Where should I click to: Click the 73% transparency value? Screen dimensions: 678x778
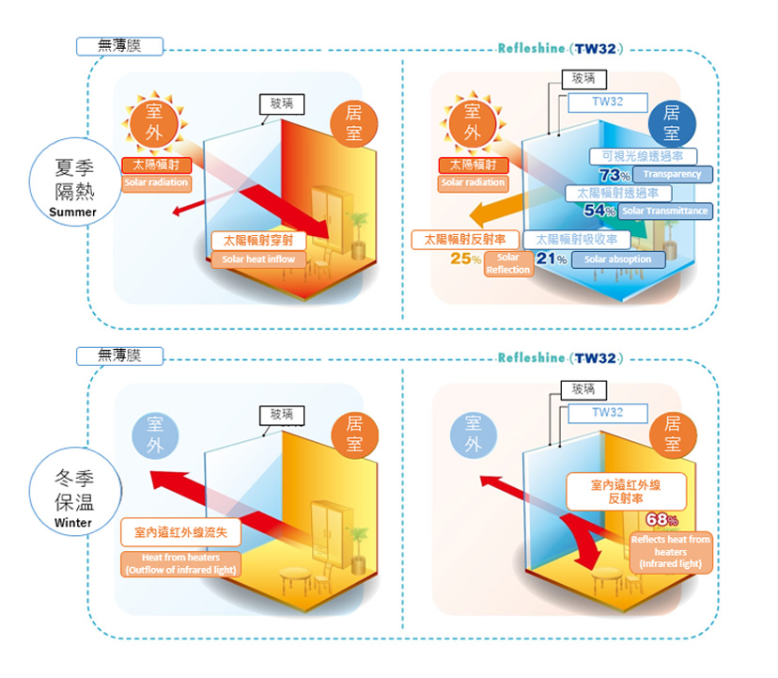[614, 175]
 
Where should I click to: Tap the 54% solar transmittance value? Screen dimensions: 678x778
[599, 211]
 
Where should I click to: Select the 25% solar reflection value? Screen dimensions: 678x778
[466, 259]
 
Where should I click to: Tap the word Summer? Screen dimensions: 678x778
[73, 213]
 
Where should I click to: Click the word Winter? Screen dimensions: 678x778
[73, 523]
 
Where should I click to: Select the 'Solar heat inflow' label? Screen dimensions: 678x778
[258, 260]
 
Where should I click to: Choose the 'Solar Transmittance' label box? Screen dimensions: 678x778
[665, 211]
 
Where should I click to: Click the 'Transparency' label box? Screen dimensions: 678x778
[673, 175]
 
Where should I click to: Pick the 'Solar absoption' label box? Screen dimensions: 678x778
[617, 260]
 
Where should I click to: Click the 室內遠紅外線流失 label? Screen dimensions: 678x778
[181, 533]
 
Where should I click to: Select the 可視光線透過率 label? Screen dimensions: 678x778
[643, 156]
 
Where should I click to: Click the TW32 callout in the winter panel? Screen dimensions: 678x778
[607, 413]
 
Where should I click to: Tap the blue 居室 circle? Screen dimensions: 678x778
[673, 123]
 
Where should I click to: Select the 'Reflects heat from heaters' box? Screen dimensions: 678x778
[670, 551]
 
